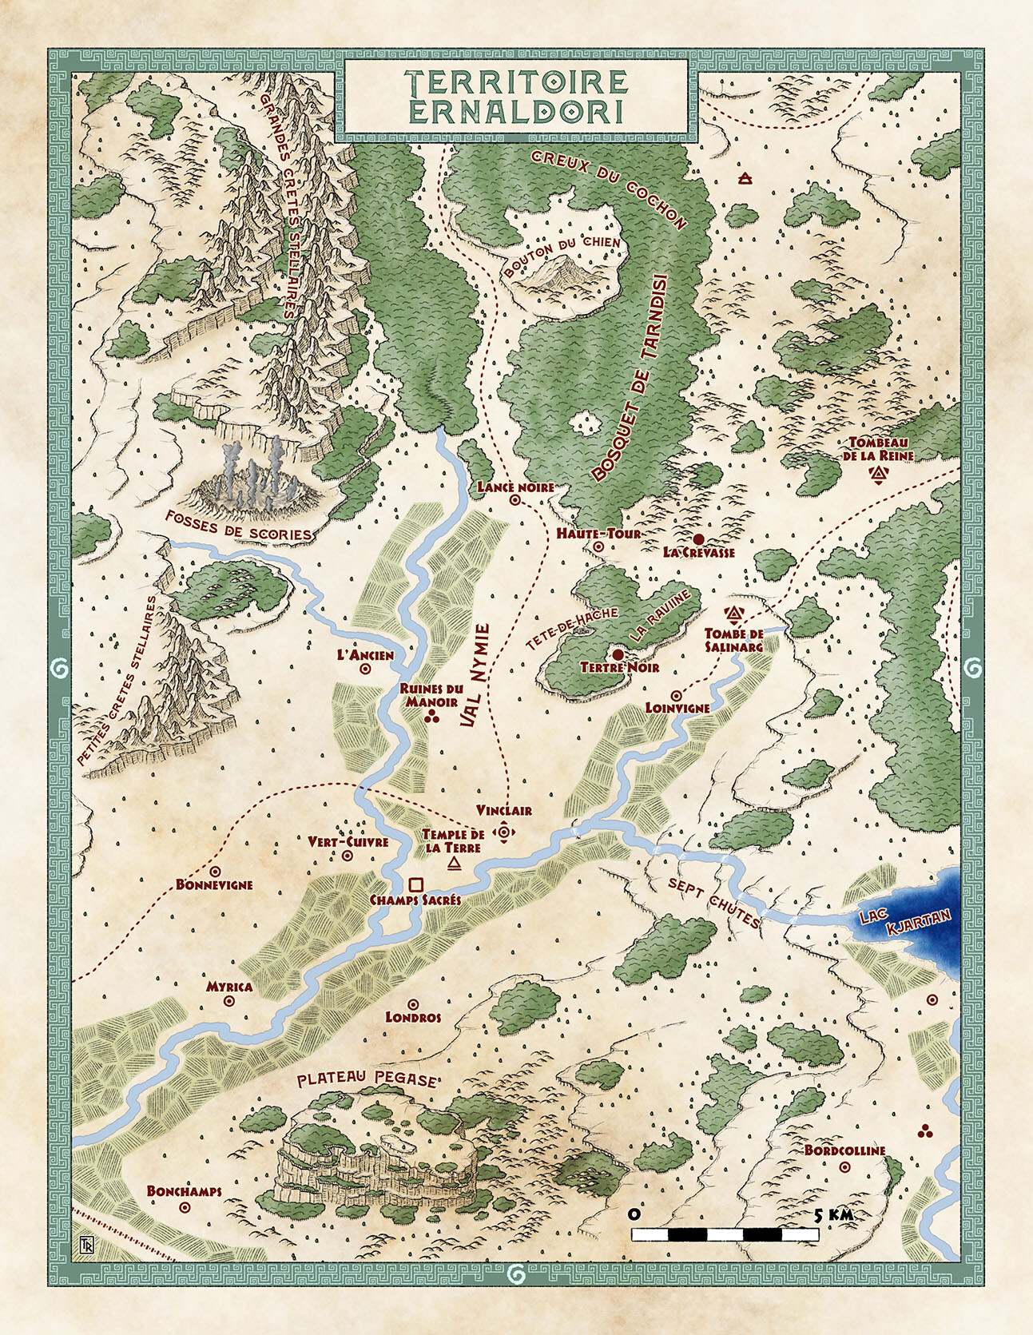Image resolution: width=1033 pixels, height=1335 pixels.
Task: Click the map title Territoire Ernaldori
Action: (515, 96)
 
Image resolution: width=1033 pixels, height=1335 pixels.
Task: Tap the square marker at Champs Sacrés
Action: (415, 884)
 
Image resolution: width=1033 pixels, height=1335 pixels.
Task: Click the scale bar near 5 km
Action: (725, 1234)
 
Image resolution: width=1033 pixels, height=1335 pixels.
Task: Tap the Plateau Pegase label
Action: (367, 1080)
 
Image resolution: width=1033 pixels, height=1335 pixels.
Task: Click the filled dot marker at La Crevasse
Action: (698, 539)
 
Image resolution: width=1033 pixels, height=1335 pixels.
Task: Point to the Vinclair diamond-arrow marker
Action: (504, 832)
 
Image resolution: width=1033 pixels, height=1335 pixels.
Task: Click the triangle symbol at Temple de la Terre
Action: (455, 864)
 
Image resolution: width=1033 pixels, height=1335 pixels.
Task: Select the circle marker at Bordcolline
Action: (845, 1167)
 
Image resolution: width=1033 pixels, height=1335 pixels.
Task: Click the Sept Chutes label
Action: (713, 903)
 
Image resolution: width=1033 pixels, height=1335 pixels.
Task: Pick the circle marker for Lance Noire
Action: (515, 500)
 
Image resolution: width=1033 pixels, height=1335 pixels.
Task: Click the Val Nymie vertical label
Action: (475, 676)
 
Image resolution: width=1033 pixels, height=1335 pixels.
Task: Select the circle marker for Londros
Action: (413, 1004)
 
